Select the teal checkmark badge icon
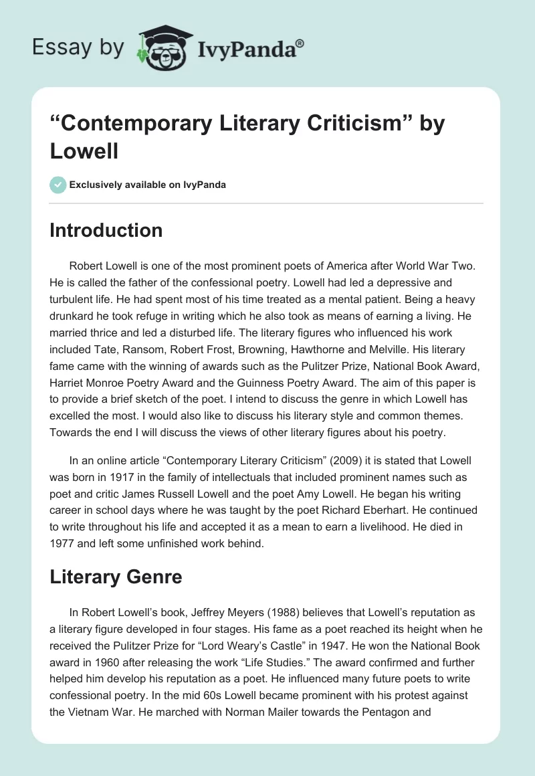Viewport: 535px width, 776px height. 58,185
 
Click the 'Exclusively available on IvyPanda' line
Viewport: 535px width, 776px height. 148,185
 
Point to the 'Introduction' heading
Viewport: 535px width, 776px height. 106,230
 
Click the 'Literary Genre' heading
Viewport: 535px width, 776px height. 116,577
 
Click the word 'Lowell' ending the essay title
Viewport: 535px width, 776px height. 84,151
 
